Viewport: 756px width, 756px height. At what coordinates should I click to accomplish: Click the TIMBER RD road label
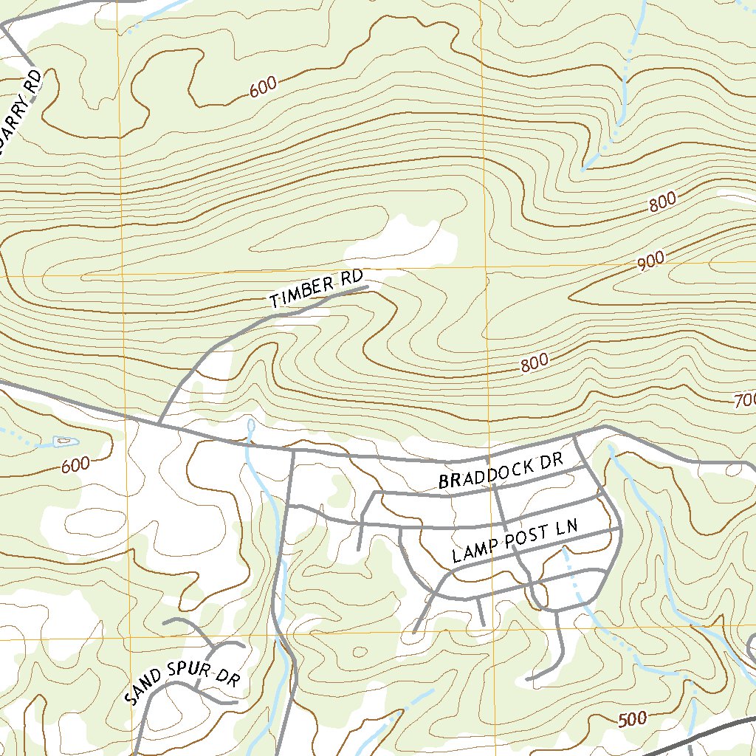[x=317, y=289]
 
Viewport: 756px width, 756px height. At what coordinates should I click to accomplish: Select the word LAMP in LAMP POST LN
[x=473, y=551]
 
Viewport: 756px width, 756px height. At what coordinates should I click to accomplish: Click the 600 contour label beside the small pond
[x=75, y=465]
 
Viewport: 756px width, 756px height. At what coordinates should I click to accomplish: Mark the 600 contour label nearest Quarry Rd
[x=263, y=86]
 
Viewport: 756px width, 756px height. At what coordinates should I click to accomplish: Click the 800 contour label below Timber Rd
[x=534, y=363]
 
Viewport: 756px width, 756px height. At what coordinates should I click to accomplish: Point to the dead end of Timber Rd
[x=367, y=288]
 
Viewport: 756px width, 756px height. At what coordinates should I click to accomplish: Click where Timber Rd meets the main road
[x=160, y=424]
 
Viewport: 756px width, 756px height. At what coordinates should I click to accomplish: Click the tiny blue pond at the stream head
[x=251, y=425]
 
